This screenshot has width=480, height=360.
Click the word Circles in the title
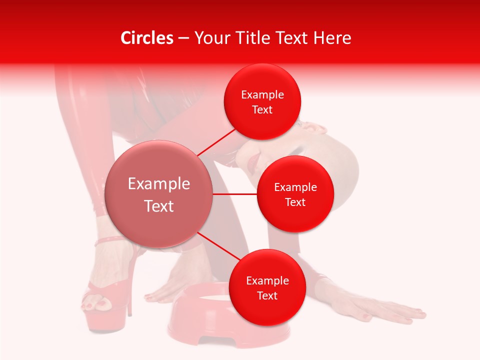click(147, 38)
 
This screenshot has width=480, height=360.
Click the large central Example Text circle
click(158, 194)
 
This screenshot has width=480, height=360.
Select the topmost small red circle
click(262, 102)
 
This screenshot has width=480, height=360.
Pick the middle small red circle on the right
click(295, 194)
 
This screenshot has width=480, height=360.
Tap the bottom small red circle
click(267, 287)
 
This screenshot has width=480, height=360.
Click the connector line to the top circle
click(216, 141)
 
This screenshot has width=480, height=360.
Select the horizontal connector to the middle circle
click(235, 194)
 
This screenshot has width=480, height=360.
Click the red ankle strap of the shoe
click(110, 240)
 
